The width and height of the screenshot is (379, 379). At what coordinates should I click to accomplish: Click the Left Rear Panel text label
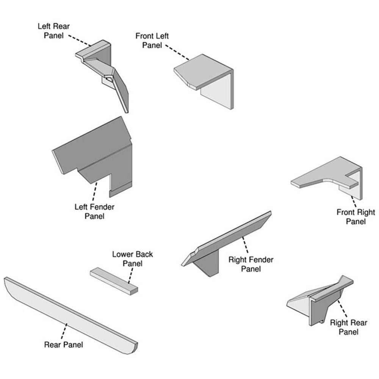pyautogui.click(x=54, y=31)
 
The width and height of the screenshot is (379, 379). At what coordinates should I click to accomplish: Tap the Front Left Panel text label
pyautogui.click(x=152, y=41)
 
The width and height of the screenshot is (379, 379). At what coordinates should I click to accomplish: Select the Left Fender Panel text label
pyautogui.click(x=94, y=211)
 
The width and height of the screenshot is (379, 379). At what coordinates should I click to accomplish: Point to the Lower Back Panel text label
pyautogui.click(x=132, y=258)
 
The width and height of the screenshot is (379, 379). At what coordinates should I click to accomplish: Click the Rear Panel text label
pyautogui.click(x=64, y=345)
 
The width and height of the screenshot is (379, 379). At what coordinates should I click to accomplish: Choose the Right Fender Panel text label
pyautogui.click(x=251, y=264)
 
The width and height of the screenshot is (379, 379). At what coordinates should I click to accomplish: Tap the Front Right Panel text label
pyautogui.click(x=356, y=217)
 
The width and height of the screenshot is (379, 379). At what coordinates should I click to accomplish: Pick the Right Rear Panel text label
pyautogui.click(x=349, y=327)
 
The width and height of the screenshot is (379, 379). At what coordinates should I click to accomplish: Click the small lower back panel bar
pyautogui.click(x=114, y=281)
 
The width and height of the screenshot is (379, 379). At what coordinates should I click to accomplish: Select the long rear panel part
pyautogui.click(x=70, y=315)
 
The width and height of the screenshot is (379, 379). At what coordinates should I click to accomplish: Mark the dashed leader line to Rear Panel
pyautogui.click(x=64, y=331)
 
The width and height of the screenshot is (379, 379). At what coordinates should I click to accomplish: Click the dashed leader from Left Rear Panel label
pyautogui.click(x=80, y=41)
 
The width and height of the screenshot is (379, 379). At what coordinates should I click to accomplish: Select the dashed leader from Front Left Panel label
pyautogui.click(x=177, y=52)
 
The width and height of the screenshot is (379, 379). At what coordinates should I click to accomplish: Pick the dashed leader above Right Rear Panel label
pyautogui.click(x=343, y=309)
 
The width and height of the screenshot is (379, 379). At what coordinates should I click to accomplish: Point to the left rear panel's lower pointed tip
pyautogui.click(x=127, y=112)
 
